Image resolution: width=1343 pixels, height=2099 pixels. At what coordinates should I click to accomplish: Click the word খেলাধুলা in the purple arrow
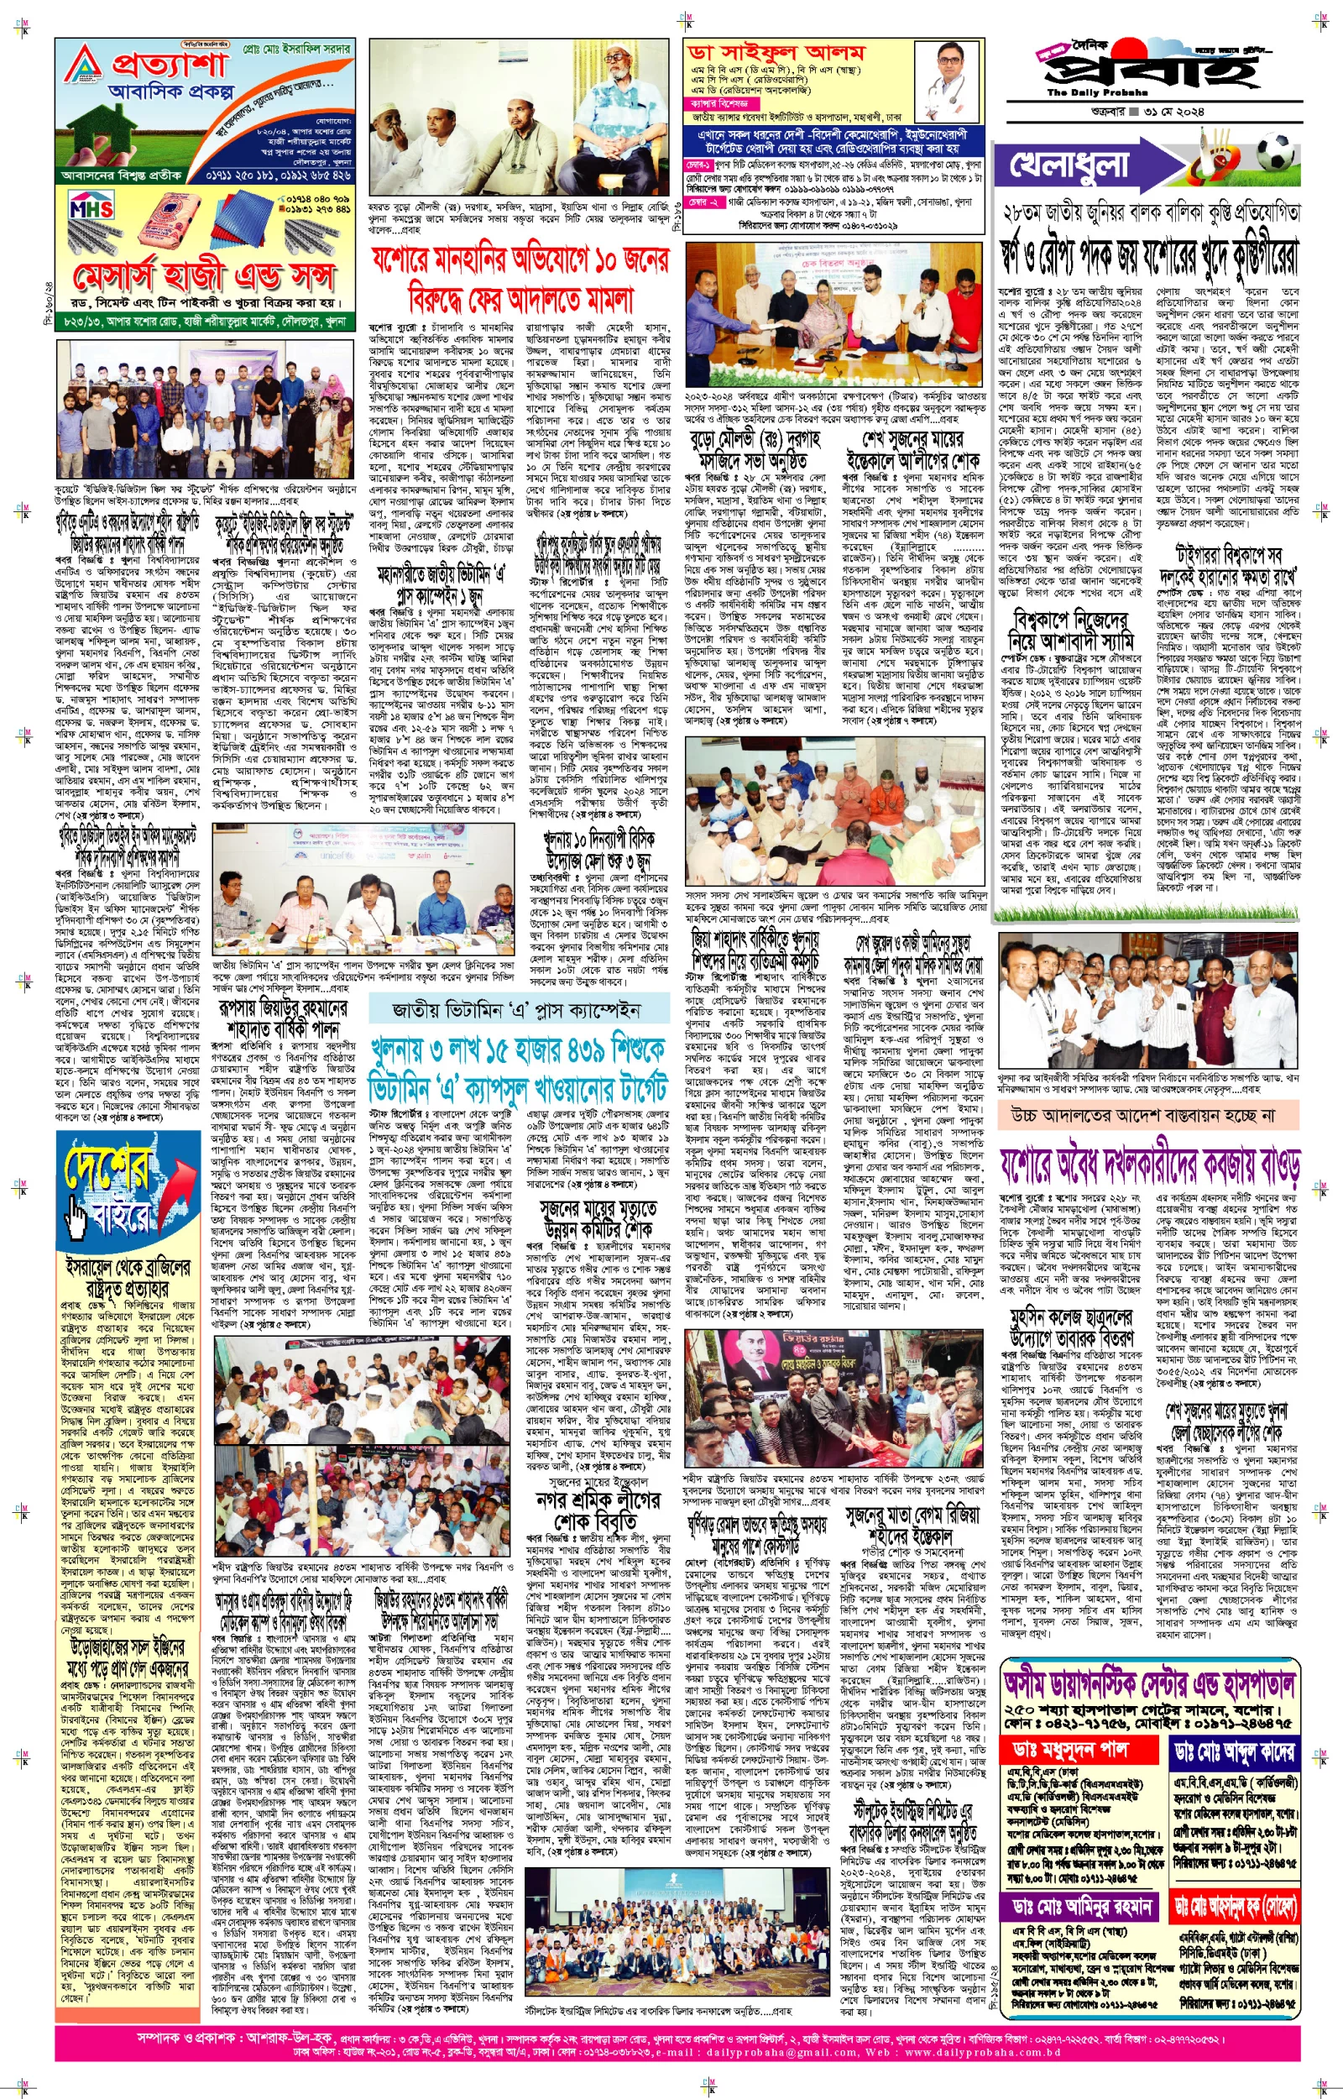1069,164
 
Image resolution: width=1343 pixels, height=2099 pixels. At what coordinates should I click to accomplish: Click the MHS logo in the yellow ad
91,209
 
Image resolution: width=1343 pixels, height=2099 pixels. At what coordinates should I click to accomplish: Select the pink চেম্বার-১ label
698,164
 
